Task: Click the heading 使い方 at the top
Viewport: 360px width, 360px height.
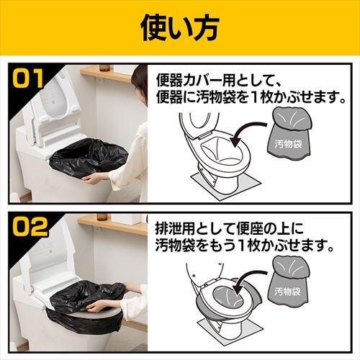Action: (180, 29)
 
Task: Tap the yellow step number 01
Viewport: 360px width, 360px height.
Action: (28, 78)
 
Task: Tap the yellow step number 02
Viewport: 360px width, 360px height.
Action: (30, 226)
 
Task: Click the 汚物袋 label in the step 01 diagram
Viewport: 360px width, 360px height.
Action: (288, 144)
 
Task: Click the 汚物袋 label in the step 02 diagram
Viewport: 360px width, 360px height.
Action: (287, 292)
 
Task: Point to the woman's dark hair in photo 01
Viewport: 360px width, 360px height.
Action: (140, 81)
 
